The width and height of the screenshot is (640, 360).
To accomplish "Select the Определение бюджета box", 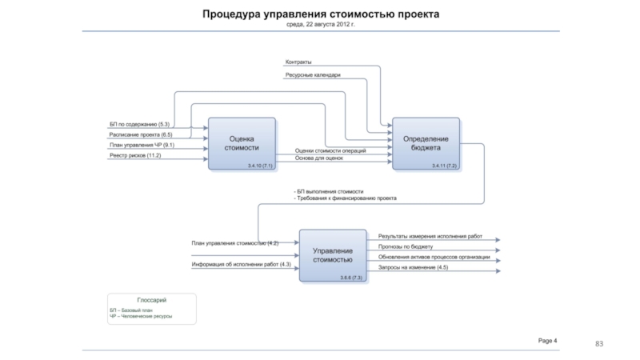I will [x=426, y=143].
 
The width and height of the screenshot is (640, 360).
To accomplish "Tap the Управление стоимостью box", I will [x=333, y=255].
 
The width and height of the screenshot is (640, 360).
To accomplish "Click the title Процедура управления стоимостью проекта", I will [x=320, y=14].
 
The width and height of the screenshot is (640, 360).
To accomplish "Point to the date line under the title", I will [x=320, y=25].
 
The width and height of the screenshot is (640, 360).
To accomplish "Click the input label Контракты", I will [x=298, y=62].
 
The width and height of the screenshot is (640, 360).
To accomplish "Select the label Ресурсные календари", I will [x=313, y=75].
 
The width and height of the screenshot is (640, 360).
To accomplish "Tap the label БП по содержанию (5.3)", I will [x=139, y=125].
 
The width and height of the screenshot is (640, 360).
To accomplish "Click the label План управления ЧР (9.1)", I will [x=142, y=146].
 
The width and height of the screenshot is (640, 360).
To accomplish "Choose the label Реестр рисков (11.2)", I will [x=135, y=156].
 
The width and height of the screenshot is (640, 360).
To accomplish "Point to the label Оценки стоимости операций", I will [x=330, y=150].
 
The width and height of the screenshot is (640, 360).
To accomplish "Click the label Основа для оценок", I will [x=318, y=158].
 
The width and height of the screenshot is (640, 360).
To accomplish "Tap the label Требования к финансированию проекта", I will [x=347, y=198].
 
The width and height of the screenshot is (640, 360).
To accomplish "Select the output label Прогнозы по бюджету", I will [x=406, y=247].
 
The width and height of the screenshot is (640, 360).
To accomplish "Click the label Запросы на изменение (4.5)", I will [x=413, y=267].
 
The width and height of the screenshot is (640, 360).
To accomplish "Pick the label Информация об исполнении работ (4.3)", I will [x=241, y=264].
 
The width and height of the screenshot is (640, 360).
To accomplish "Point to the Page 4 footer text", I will [x=547, y=341].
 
